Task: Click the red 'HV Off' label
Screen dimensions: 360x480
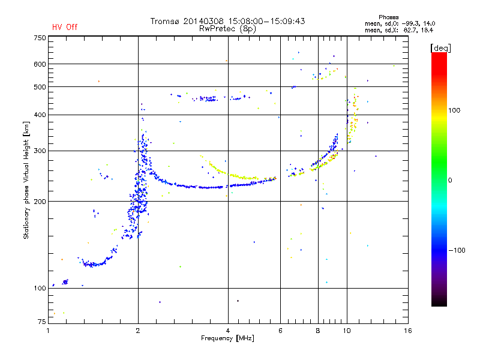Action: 64,27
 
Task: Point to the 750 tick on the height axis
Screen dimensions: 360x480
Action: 40,38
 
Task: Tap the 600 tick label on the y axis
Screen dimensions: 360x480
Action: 40,64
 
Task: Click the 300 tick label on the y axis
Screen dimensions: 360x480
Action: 40,151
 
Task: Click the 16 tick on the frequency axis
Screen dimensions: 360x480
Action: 408,331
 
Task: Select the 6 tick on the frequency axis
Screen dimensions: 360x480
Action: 280,331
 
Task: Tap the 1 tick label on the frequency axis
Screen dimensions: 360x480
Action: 48,331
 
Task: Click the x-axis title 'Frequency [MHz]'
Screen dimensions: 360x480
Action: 227,339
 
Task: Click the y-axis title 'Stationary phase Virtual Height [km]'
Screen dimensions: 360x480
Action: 26,180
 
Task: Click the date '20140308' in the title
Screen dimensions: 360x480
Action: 207,21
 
